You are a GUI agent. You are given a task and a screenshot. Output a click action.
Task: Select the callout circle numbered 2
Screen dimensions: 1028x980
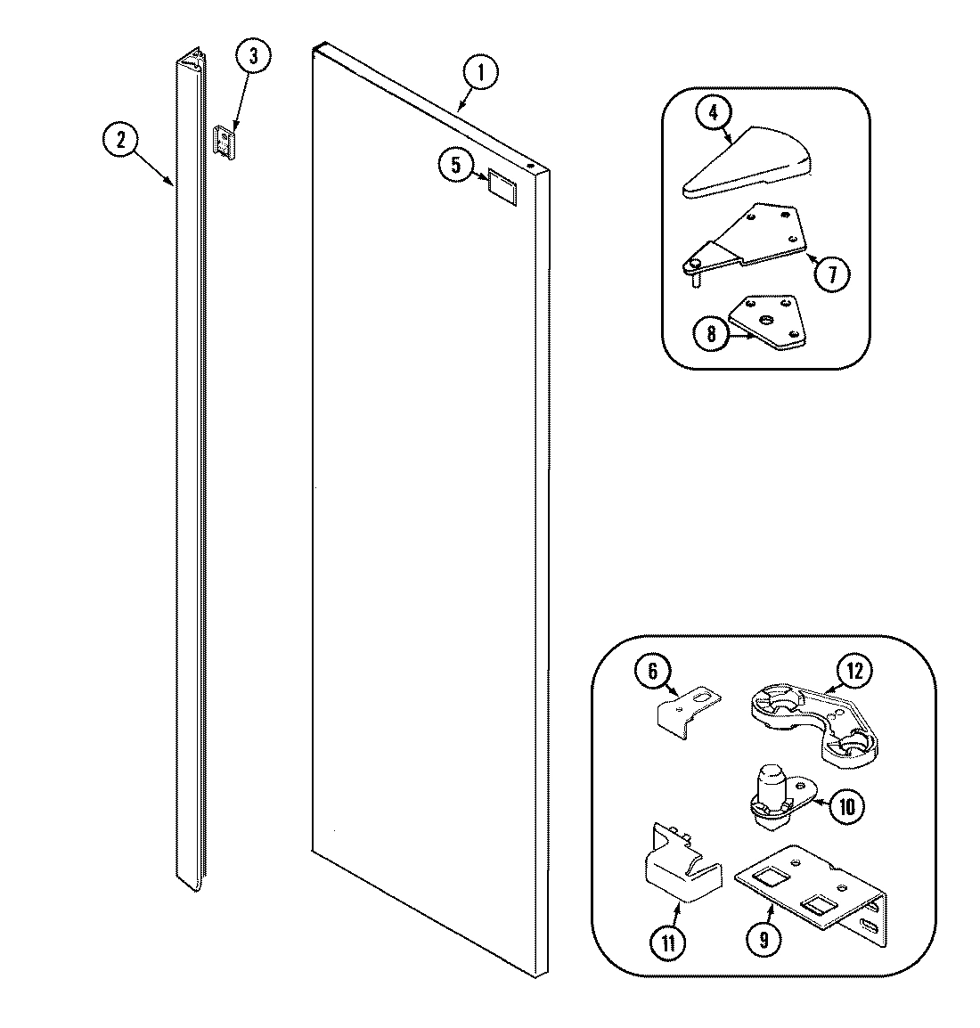120,140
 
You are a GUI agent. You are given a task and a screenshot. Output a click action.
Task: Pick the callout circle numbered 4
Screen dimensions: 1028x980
715,113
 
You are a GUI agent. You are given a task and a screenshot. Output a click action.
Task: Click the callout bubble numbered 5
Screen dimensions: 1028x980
456,164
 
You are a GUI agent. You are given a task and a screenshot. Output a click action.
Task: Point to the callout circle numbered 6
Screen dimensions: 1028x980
652,670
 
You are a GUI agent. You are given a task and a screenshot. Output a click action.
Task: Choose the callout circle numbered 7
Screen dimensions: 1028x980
833,273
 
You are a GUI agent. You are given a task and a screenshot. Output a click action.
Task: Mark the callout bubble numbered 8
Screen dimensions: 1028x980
710,334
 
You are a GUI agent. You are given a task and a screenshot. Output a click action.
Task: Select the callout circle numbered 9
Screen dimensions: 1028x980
765,937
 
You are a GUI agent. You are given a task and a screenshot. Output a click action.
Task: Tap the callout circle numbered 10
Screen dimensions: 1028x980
846,807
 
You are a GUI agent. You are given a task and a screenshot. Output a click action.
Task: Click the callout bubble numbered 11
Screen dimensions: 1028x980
667,942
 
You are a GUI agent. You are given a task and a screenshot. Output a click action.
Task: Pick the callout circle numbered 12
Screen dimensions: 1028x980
854,671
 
